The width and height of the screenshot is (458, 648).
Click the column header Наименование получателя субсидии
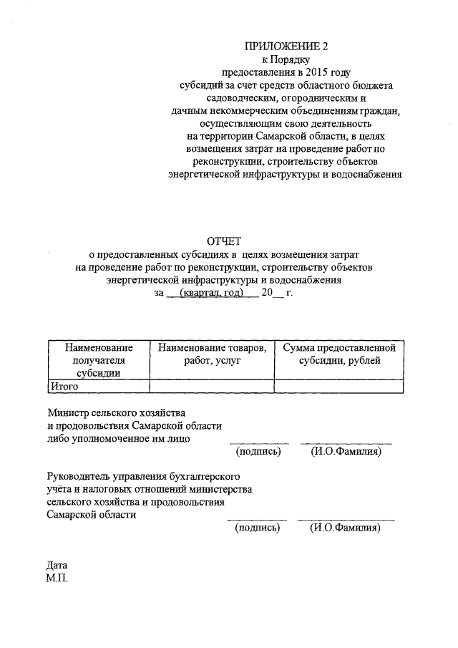click(99, 359)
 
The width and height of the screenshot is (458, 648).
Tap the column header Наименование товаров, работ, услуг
click(211, 354)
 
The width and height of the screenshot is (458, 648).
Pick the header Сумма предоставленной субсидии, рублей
click(338, 354)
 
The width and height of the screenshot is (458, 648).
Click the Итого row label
click(63, 386)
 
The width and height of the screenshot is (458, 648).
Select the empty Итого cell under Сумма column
click(338, 386)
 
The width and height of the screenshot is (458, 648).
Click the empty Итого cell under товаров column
click(211, 386)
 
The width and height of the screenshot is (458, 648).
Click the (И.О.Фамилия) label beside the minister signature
click(346, 452)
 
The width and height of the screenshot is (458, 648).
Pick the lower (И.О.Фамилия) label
click(346, 528)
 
